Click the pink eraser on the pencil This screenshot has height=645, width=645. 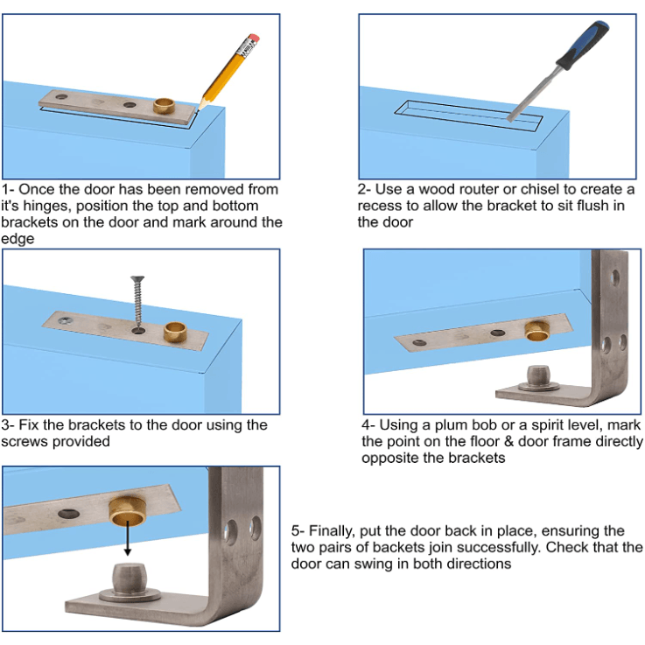point(254,38)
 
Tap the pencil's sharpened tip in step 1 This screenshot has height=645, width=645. point(199,109)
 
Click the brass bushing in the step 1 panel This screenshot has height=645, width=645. point(164,106)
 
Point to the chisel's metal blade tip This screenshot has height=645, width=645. point(509,120)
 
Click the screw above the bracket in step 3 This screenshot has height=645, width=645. point(137,302)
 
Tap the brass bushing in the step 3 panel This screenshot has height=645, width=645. point(175,332)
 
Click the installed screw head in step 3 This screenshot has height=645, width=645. point(64,320)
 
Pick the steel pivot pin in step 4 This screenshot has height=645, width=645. point(539,377)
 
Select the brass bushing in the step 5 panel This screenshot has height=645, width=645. point(127,511)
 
